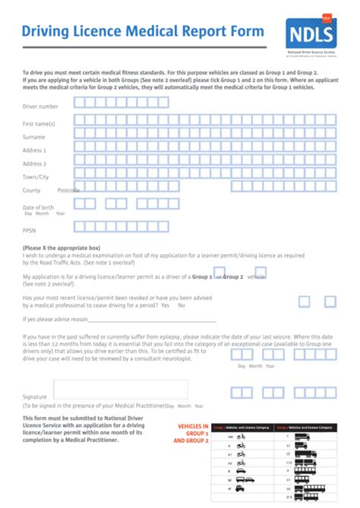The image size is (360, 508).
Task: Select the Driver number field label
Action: [40, 106]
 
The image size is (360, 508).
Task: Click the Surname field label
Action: [33, 137]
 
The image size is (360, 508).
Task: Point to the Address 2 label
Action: [34, 163]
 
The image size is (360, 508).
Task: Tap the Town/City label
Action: [35, 177]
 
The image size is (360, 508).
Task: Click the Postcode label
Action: [68, 191]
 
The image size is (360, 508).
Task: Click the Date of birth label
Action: [38, 207]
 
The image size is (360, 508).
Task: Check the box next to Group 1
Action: [219, 273]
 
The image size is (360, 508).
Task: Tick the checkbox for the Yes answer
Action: [305, 301]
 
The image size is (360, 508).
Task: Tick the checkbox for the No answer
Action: [330, 301]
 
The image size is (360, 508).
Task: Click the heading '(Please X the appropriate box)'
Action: [62, 248]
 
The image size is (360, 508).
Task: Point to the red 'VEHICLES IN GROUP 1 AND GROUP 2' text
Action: [191, 434]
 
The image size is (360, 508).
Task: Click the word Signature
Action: [35, 397]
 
